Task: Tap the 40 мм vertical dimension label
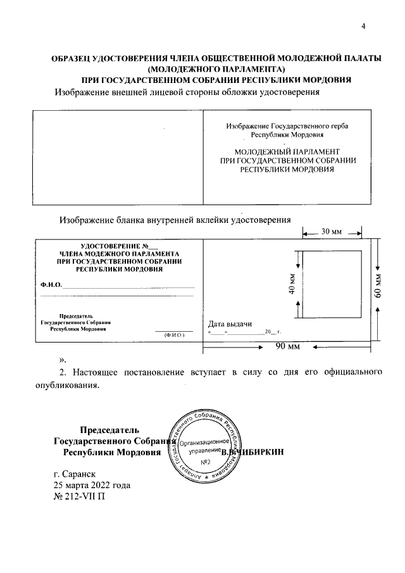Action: pos(292,284)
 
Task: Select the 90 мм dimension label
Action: pos(288,347)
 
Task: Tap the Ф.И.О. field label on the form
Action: pos(51,286)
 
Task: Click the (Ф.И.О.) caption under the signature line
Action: pos(173,334)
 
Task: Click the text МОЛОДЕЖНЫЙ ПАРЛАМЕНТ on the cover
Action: pos(287,153)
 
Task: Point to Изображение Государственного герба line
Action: pos(287,126)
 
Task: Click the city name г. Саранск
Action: pos(78,474)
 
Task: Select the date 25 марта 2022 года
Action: pos(92,485)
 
